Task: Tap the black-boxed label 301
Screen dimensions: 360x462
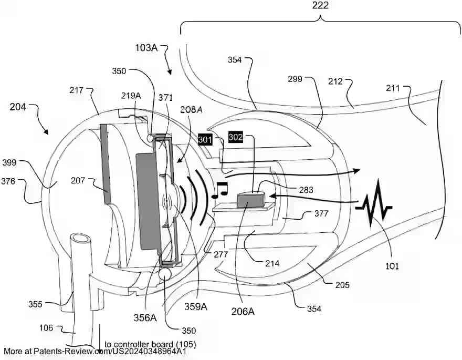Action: [205, 140]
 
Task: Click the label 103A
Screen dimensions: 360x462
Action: [146, 47]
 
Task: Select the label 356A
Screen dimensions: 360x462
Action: [145, 317]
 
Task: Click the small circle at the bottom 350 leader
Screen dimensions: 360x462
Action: [166, 273]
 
